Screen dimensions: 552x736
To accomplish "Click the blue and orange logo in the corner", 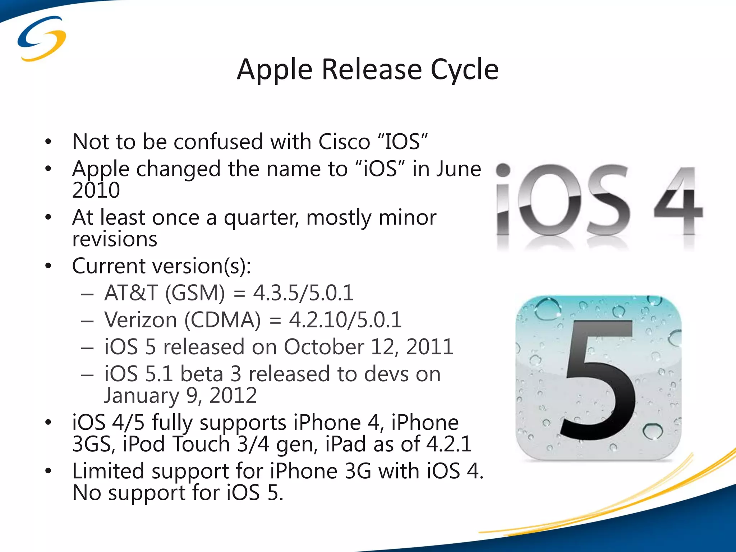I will coord(42,38).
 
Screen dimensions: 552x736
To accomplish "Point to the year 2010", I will coord(96,190).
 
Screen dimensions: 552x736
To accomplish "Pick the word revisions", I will coord(115,239).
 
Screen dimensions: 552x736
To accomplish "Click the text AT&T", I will coord(131,293).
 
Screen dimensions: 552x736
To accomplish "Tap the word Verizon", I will coord(141,320).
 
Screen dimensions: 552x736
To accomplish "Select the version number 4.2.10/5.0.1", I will coord(345,320).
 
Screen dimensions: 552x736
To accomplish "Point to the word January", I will coord(141,396).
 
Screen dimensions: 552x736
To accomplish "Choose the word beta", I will coord(202,374).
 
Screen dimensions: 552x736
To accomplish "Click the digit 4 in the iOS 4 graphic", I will coord(678,201).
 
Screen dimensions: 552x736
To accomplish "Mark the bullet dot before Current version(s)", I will coord(49,266).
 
